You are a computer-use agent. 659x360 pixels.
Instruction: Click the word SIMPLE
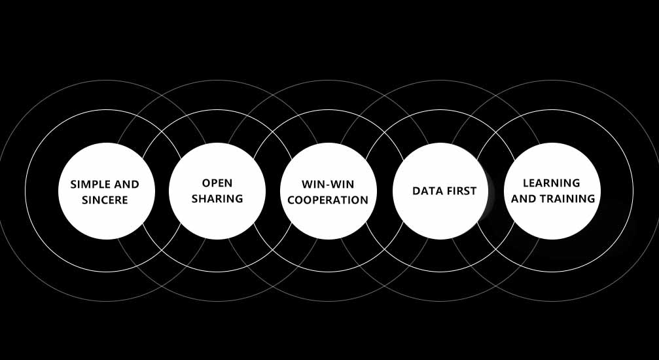click(x=91, y=185)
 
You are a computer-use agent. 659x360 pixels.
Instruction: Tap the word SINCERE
click(x=105, y=200)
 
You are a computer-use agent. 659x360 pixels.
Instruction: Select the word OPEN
click(x=217, y=183)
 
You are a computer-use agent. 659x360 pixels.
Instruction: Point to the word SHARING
click(x=217, y=198)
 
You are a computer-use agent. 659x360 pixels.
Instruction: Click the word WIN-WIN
click(x=328, y=185)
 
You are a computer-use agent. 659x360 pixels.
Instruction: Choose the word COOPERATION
click(x=328, y=200)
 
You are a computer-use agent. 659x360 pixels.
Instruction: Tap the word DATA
click(x=426, y=191)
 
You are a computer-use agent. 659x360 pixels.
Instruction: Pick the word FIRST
click(x=461, y=191)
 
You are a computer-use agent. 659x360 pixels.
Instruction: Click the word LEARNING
click(x=552, y=183)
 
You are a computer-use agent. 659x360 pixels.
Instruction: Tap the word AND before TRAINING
click(x=524, y=198)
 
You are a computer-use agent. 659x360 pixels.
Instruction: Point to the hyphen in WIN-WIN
click(x=328, y=185)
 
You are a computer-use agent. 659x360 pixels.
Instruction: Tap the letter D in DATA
click(x=416, y=191)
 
